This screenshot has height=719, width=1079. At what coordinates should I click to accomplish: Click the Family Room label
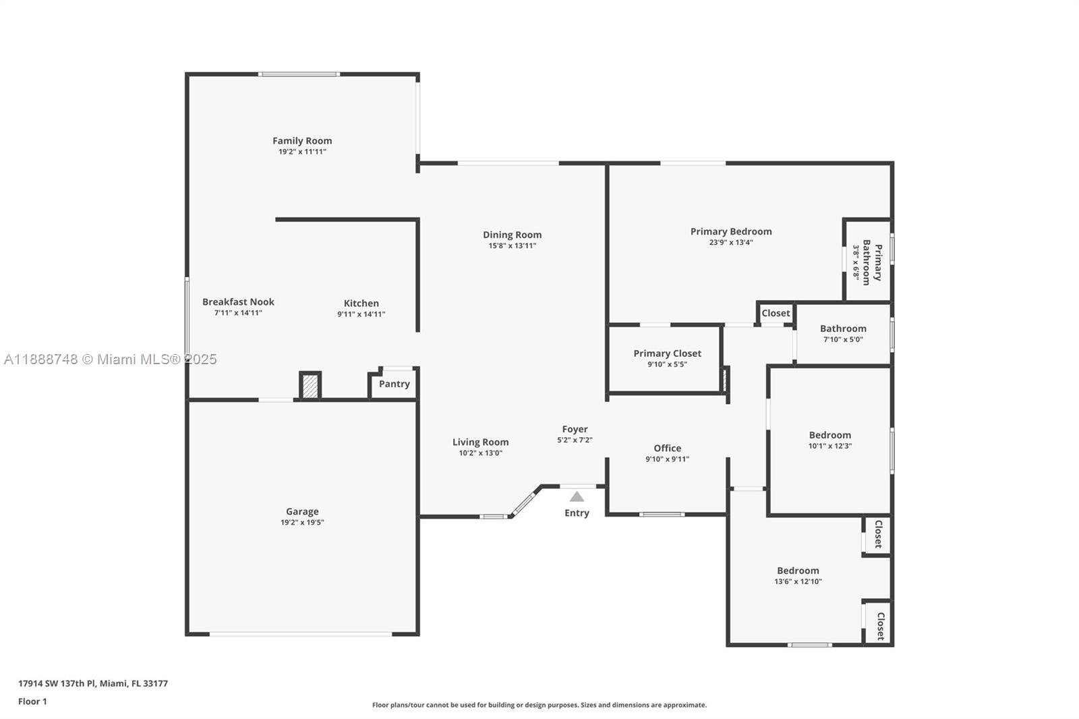point(302,141)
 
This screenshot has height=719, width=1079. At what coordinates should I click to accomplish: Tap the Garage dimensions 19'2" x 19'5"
point(302,523)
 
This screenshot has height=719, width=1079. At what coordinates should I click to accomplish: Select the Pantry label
point(394,384)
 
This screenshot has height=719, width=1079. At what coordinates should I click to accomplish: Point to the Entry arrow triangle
point(577,497)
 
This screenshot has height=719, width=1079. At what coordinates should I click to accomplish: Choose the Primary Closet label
point(667,353)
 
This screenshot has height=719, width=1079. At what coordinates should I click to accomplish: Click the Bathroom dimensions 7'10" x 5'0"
point(843,340)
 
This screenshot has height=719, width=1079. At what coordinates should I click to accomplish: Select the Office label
point(667,449)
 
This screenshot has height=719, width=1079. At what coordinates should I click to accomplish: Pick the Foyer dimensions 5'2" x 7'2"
point(575,440)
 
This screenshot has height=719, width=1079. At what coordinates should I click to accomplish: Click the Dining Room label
point(512,235)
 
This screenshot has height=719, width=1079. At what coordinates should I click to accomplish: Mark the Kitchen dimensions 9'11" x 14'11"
point(361,314)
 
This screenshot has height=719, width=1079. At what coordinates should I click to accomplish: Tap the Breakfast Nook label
point(238,302)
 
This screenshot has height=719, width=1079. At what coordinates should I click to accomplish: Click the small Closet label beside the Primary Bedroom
point(776,313)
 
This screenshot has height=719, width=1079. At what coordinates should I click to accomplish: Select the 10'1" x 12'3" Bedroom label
point(830,435)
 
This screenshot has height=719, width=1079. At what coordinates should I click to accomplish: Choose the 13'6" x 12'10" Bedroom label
point(798,571)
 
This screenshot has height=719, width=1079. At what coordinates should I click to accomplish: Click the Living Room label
point(480,442)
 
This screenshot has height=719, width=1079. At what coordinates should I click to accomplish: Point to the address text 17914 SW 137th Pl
point(93,683)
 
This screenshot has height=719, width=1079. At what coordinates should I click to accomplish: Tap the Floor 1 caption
point(32,701)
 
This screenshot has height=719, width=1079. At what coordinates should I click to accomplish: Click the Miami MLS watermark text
point(111,359)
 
